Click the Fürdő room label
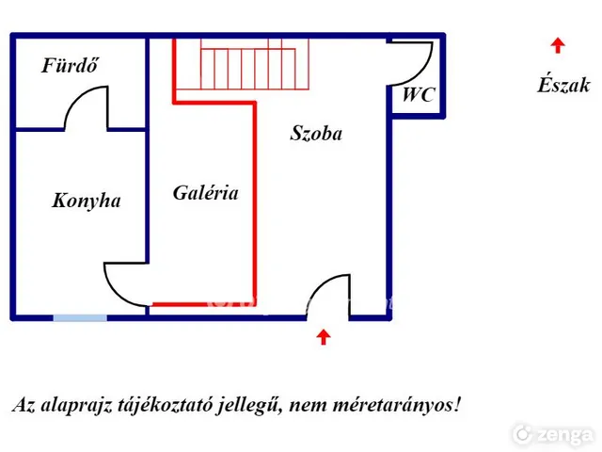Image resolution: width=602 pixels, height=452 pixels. [x=70, y=65]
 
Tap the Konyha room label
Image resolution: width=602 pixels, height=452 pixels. [x=87, y=201]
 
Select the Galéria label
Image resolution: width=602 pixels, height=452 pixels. [x=205, y=192]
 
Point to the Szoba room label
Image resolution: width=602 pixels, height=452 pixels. [x=316, y=134]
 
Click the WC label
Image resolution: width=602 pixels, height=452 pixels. [x=419, y=94]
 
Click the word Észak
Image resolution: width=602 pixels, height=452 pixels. [x=563, y=85]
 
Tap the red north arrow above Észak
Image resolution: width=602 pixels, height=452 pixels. [x=558, y=45]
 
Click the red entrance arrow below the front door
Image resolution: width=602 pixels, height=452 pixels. [x=324, y=337]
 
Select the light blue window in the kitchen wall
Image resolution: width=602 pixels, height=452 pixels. [x=80, y=318]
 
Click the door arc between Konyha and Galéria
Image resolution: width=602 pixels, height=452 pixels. [x=115, y=291]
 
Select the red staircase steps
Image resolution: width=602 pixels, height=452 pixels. [x=255, y=65]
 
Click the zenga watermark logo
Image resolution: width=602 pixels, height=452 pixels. [x=553, y=434]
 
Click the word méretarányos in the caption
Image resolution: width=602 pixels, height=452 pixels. [x=397, y=406]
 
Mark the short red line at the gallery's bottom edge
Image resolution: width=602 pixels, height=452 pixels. [x=180, y=305]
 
